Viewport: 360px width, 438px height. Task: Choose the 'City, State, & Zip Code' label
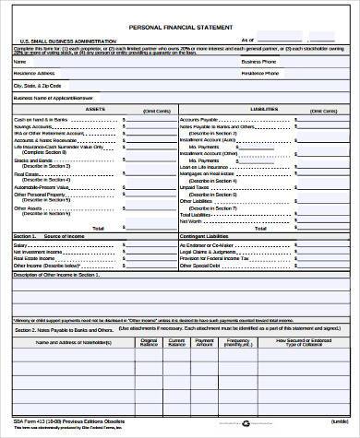point(42,85)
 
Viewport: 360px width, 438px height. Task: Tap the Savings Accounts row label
point(33,127)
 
